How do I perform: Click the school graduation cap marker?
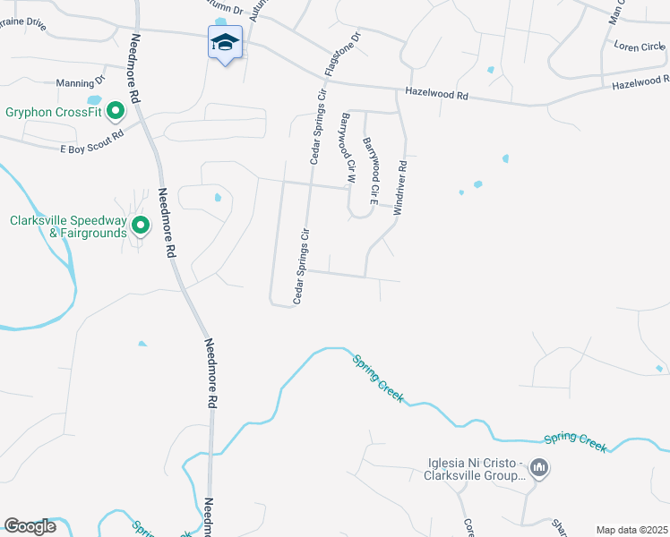226,41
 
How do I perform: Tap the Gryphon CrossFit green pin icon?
115,112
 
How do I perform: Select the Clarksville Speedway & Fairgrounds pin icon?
140,226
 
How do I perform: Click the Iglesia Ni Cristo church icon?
539,467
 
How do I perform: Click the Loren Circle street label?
640,47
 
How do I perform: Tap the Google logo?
30,526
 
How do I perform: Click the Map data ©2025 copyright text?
631,530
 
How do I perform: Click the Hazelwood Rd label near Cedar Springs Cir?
436,93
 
